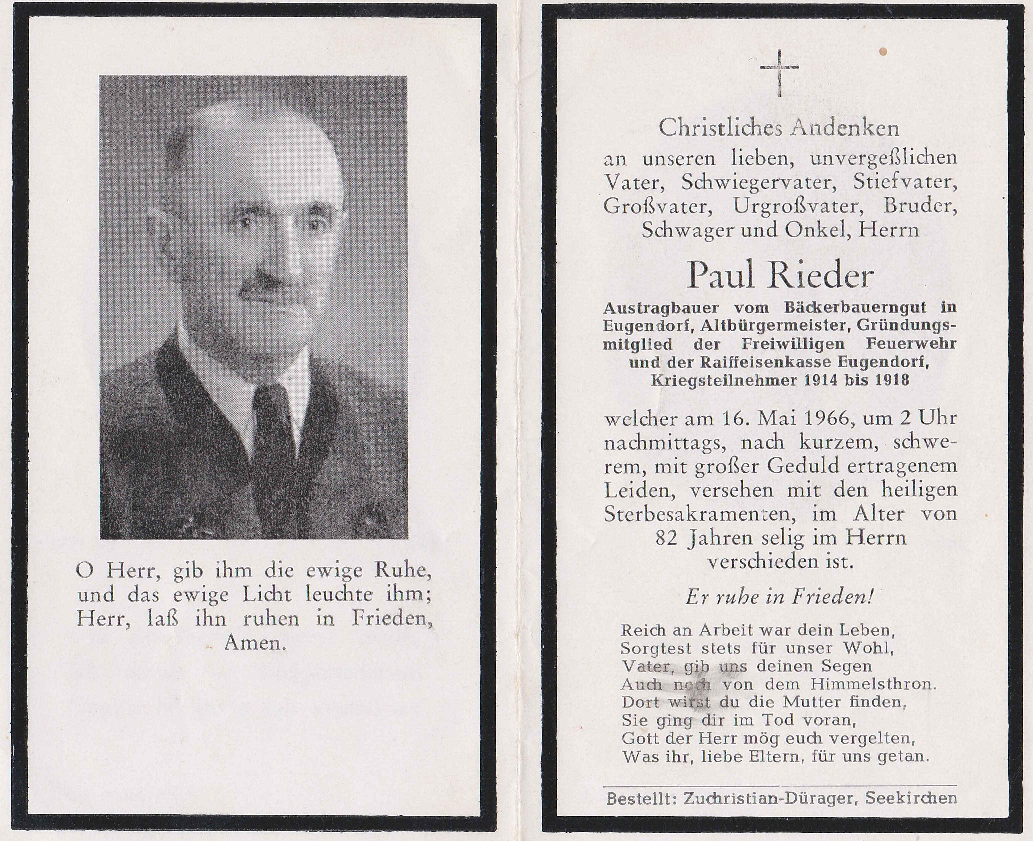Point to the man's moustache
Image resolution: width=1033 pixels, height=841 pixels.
pyautogui.click(x=275, y=289)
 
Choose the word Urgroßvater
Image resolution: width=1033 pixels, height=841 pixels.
pyautogui.click(x=795, y=206)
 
